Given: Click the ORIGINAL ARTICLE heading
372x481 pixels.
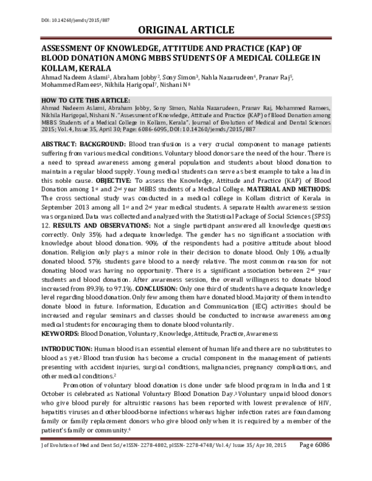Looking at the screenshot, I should click(185, 30).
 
